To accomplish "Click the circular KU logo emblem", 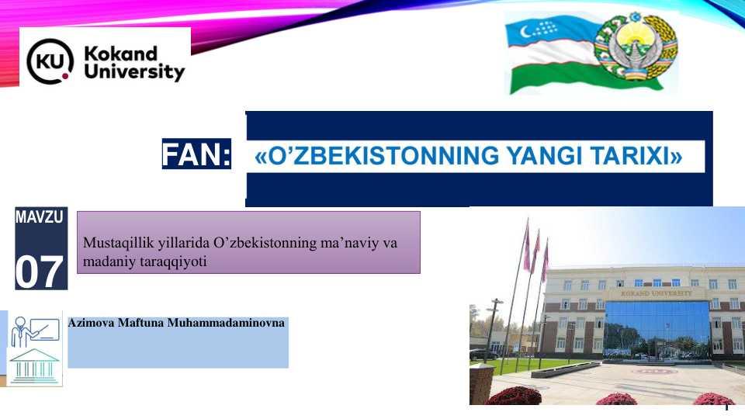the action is (50, 61).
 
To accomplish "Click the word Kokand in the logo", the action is (121, 54).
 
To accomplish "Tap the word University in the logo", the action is (134, 71).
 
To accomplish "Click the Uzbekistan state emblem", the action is (636, 47).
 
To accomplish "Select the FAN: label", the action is (196, 154).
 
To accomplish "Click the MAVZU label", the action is (40, 217).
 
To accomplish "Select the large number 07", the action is (39, 272).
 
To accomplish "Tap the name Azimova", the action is (91, 323).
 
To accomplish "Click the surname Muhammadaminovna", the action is (226, 323).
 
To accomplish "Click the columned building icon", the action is (34, 365).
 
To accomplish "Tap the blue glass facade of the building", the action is (657, 327).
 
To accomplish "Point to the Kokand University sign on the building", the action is (657, 293).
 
